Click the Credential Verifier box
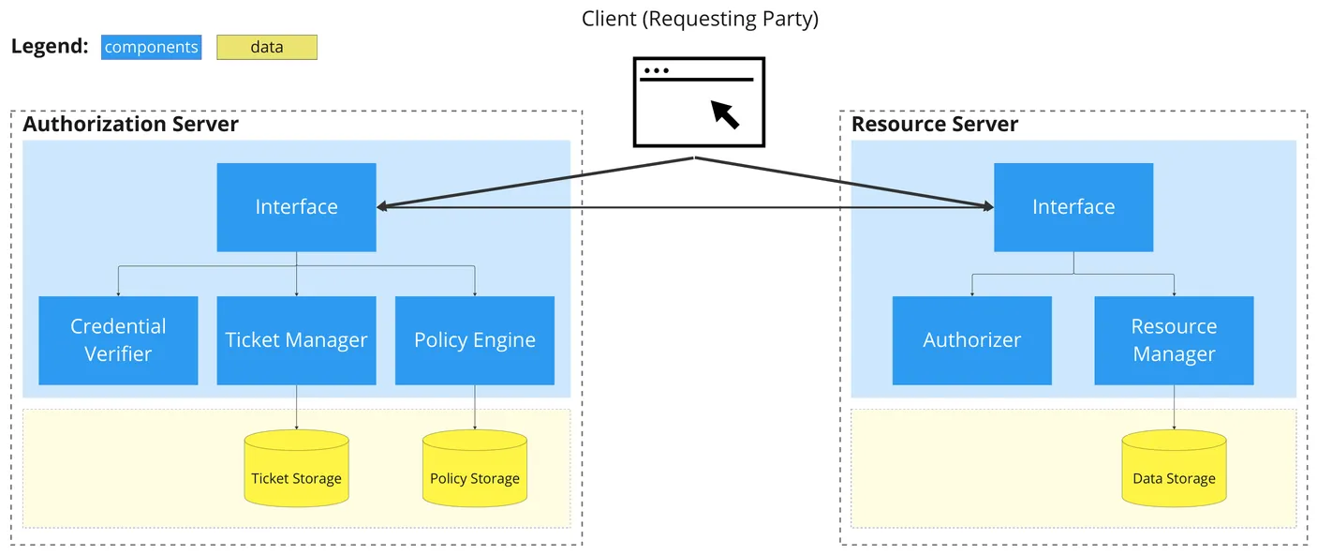[x=118, y=340]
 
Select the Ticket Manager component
[x=296, y=340]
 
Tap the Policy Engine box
[x=475, y=340]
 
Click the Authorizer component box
[x=972, y=340]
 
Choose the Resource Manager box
[x=1174, y=340]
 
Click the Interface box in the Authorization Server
[x=296, y=207]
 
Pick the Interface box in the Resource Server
[x=1073, y=207]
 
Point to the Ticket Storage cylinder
[x=296, y=469]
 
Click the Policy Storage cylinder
[x=475, y=469]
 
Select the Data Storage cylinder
[x=1174, y=469]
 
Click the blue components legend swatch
[x=151, y=47]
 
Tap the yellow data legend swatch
[x=267, y=47]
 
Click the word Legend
[x=50, y=46]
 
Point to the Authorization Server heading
[x=130, y=124]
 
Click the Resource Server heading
[x=935, y=124]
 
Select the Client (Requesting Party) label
[x=700, y=19]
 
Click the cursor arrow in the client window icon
[x=725, y=114]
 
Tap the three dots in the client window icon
[x=656, y=70]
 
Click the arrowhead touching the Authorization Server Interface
[x=382, y=206]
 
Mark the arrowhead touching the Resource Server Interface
[x=988, y=206]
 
